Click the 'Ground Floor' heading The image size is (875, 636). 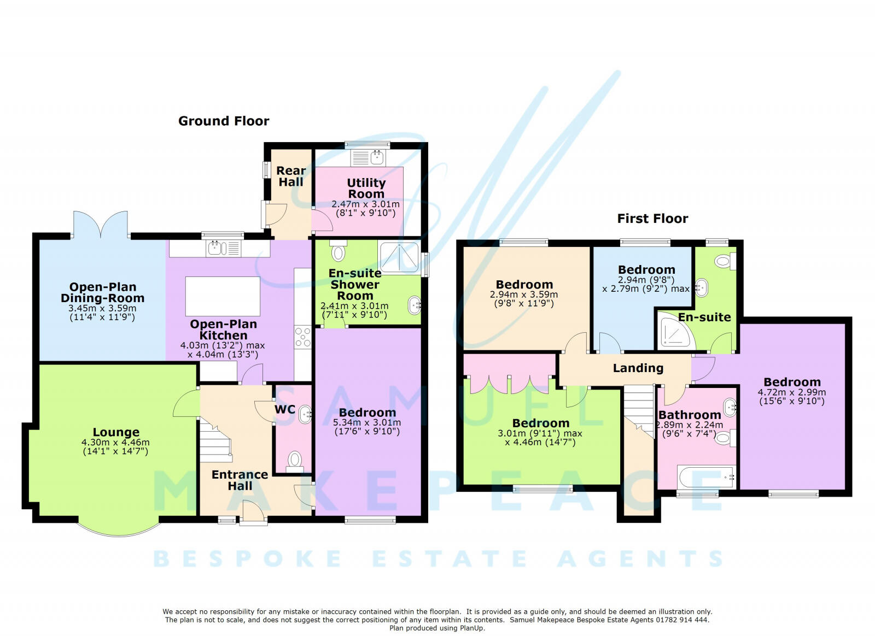(x=224, y=121)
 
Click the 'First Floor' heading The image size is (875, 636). (x=652, y=219)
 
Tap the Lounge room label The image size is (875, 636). (x=115, y=432)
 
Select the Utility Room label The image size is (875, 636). (x=366, y=188)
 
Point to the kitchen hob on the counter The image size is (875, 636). (x=302, y=337)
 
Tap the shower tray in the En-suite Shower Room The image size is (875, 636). (x=400, y=258)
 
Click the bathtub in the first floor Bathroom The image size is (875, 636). (x=706, y=477)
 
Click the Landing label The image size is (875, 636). (x=638, y=368)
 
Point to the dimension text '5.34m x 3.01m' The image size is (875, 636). (x=367, y=422)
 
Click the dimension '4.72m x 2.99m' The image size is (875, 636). (x=791, y=392)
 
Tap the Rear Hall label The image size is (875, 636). (x=290, y=176)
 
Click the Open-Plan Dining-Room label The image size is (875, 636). (x=102, y=292)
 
